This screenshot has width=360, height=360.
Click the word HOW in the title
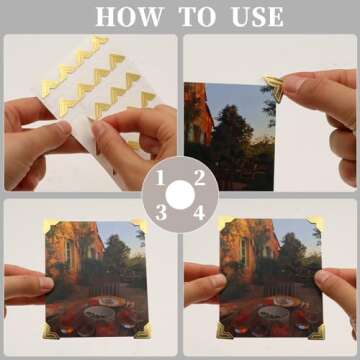(126, 17)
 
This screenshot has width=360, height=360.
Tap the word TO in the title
(193, 17)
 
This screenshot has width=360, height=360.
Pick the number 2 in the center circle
(199, 178)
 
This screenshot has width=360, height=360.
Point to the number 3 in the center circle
(160, 211)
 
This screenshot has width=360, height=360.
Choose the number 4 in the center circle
(198, 211)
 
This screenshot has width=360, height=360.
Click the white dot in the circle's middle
(179, 194)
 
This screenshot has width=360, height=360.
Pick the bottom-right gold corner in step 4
(316, 330)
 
